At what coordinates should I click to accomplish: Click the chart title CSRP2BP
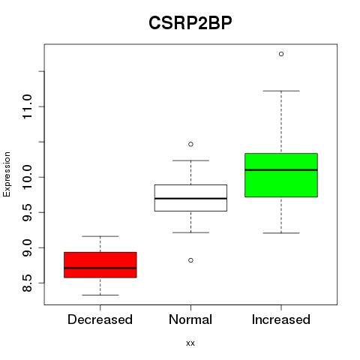pyautogui.click(x=190, y=23)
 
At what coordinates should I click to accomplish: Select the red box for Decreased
pyautogui.click(x=100, y=265)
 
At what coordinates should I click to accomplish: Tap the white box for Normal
pyautogui.click(x=190, y=198)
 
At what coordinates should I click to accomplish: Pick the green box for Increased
pyautogui.click(x=281, y=175)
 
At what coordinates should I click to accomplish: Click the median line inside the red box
pyautogui.click(x=100, y=268)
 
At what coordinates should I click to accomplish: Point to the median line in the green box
pyautogui.click(x=281, y=169)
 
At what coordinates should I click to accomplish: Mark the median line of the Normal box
pyautogui.click(x=190, y=198)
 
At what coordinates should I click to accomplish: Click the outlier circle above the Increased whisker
pyautogui.click(x=281, y=54)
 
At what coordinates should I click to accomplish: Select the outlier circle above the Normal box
pyautogui.click(x=190, y=144)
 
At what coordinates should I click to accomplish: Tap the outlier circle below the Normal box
pyautogui.click(x=190, y=260)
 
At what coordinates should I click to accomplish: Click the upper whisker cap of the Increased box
pyautogui.click(x=281, y=91)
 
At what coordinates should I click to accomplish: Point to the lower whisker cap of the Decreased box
pyautogui.click(x=100, y=295)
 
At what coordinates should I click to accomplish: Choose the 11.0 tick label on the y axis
pyautogui.click(x=27, y=106)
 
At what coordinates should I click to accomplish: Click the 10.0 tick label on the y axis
pyautogui.click(x=27, y=177)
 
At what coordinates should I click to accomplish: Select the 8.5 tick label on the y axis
pyautogui.click(x=27, y=283)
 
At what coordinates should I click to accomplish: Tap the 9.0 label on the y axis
pyautogui.click(x=27, y=247)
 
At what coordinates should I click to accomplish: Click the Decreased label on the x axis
pyautogui.click(x=100, y=319)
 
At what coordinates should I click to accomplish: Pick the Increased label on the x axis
pyautogui.click(x=281, y=319)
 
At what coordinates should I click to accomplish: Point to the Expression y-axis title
pyautogui.click(x=7, y=174)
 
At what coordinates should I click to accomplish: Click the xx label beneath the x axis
pyautogui.click(x=190, y=343)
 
